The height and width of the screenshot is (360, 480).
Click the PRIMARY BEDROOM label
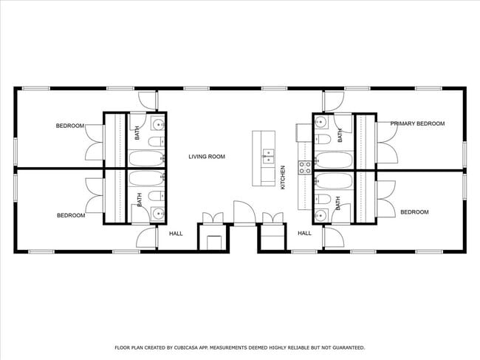[x=417, y=123]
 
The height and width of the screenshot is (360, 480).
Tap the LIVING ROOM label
[x=206, y=157]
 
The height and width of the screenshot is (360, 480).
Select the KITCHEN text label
[x=283, y=177]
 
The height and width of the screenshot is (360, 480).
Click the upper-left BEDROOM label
[x=70, y=126]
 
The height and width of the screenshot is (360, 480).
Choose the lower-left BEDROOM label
[x=71, y=216]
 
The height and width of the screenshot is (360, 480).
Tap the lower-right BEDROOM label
[x=414, y=212]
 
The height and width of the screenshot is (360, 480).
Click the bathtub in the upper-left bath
[x=146, y=158]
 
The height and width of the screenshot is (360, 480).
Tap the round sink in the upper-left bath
[x=157, y=123]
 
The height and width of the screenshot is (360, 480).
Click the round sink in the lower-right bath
[x=320, y=215]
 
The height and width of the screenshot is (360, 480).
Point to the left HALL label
[x=176, y=234]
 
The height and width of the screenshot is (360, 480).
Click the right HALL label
[x=304, y=234]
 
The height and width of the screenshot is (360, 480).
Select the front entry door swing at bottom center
[x=243, y=212]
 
